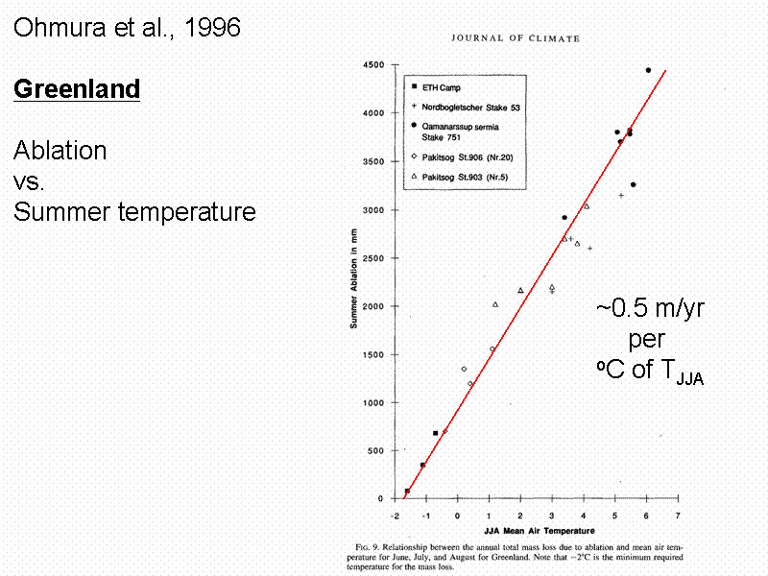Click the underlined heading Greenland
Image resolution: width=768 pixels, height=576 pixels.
(77, 89)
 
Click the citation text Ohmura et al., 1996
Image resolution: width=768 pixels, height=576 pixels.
(126, 28)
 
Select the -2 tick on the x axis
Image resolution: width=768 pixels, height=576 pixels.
(396, 515)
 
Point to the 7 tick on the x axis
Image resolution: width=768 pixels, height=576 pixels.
(678, 515)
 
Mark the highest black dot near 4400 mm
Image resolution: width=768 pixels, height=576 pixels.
(648, 70)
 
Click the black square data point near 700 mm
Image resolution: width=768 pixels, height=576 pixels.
(435, 433)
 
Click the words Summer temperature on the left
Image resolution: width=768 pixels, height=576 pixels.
(134, 211)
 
